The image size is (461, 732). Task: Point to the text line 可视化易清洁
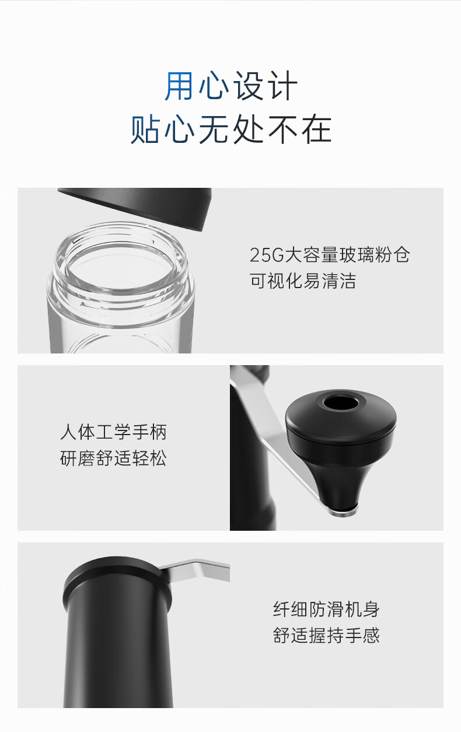coord(303,281)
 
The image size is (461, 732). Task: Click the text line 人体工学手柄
coord(113,432)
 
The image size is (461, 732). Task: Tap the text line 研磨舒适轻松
coord(113,458)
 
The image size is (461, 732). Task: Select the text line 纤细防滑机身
coord(326,609)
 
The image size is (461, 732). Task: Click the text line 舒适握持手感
coord(326,635)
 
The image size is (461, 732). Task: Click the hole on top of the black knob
coord(341,402)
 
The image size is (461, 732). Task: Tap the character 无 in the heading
coord(213,129)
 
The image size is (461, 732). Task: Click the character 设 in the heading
coord(248,86)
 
